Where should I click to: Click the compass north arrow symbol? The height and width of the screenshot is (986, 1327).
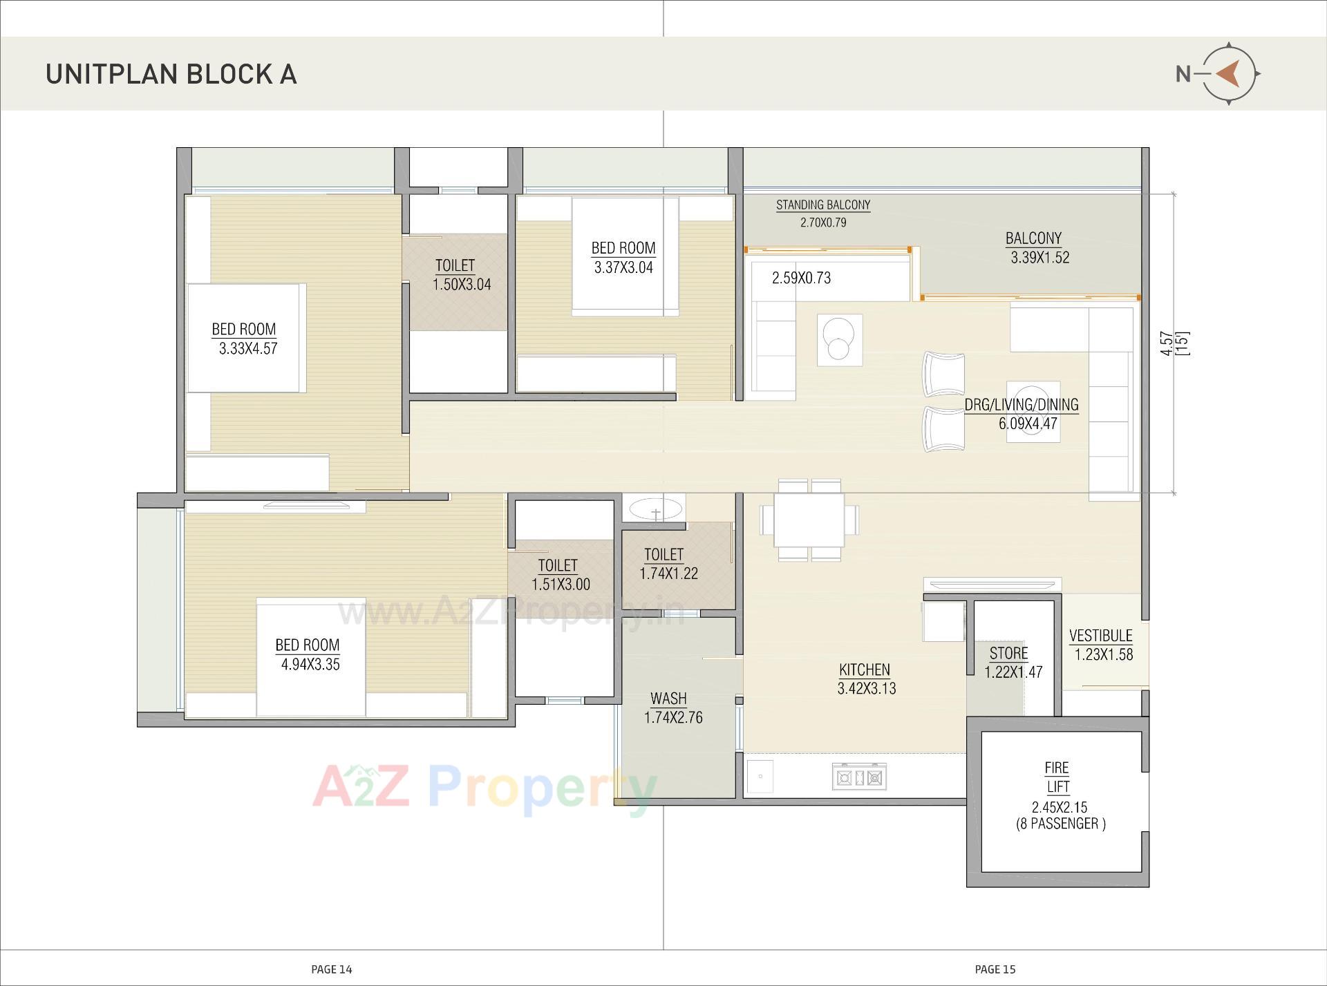pyautogui.click(x=1228, y=73)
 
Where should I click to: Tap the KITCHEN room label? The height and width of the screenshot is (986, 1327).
pyautogui.click(x=865, y=670)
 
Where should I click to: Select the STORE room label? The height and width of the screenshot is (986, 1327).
pyautogui.click(x=1008, y=653)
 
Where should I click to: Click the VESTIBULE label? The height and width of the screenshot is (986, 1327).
pyautogui.click(x=1100, y=636)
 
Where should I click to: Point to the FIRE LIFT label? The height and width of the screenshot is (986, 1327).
pyautogui.click(x=1057, y=777)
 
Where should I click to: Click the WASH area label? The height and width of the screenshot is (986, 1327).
pyautogui.click(x=668, y=699)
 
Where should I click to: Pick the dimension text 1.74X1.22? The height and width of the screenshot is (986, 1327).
pyautogui.click(x=668, y=573)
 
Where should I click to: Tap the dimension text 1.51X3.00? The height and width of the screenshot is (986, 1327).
pyautogui.click(x=561, y=585)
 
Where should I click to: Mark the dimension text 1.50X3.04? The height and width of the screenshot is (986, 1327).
pyautogui.click(x=462, y=285)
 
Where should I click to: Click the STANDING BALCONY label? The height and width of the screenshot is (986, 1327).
pyautogui.click(x=823, y=205)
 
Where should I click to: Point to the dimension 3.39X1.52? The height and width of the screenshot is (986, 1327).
pyautogui.click(x=1039, y=258)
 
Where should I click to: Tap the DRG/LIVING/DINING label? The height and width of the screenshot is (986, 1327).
pyautogui.click(x=1022, y=405)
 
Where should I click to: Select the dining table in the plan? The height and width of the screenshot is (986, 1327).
pyautogui.click(x=809, y=520)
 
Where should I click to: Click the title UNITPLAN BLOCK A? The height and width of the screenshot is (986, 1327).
pyautogui.click(x=171, y=75)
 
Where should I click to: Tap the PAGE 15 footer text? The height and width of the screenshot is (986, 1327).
pyautogui.click(x=995, y=969)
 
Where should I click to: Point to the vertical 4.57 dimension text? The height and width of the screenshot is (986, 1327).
pyautogui.click(x=1167, y=343)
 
